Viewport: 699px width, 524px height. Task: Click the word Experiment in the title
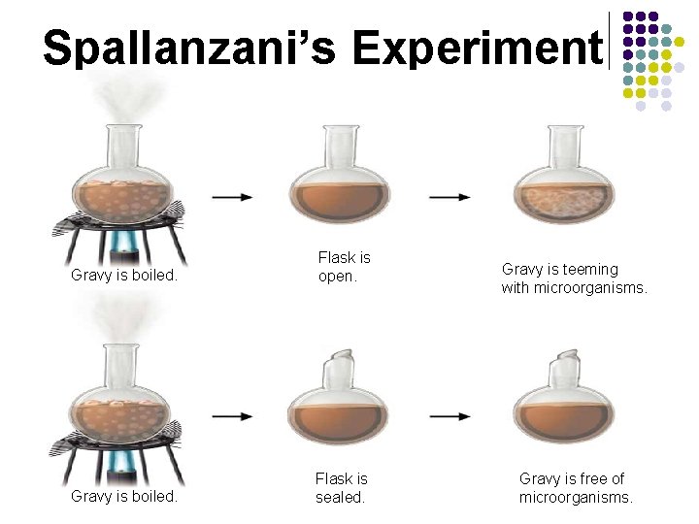[477, 47]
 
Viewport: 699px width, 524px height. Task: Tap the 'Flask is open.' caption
[345, 266]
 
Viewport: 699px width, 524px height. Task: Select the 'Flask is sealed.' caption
[341, 487]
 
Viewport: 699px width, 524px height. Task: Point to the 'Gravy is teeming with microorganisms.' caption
[574, 278]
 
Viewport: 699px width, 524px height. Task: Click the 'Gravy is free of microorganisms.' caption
[576, 487]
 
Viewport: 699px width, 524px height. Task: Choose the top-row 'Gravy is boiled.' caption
[124, 275]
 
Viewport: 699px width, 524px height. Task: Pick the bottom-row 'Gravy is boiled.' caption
[124, 496]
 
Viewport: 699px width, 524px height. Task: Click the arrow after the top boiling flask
[232, 197]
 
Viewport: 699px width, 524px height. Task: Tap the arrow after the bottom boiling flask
[232, 416]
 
